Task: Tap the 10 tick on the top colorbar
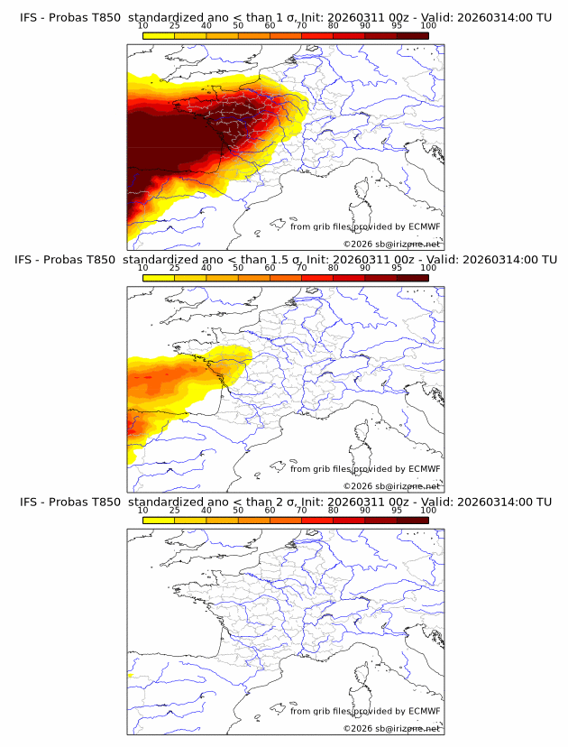pyautogui.click(x=143, y=25)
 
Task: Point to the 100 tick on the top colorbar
pyautogui.click(x=428, y=25)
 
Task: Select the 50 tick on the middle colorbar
pyautogui.click(x=238, y=268)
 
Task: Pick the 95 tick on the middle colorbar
pyautogui.click(x=397, y=268)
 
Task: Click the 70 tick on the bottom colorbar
pyautogui.click(x=302, y=510)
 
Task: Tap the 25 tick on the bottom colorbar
pyautogui.click(x=175, y=510)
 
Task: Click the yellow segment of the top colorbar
pyautogui.click(x=159, y=35)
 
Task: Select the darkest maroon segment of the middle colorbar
pyautogui.click(x=412, y=278)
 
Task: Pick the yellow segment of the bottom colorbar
pyautogui.click(x=159, y=520)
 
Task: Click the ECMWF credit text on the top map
pyautogui.click(x=365, y=226)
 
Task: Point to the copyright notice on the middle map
pyautogui.click(x=391, y=486)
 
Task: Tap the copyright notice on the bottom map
pyautogui.click(x=391, y=728)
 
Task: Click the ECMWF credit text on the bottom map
pyautogui.click(x=365, y=711)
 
